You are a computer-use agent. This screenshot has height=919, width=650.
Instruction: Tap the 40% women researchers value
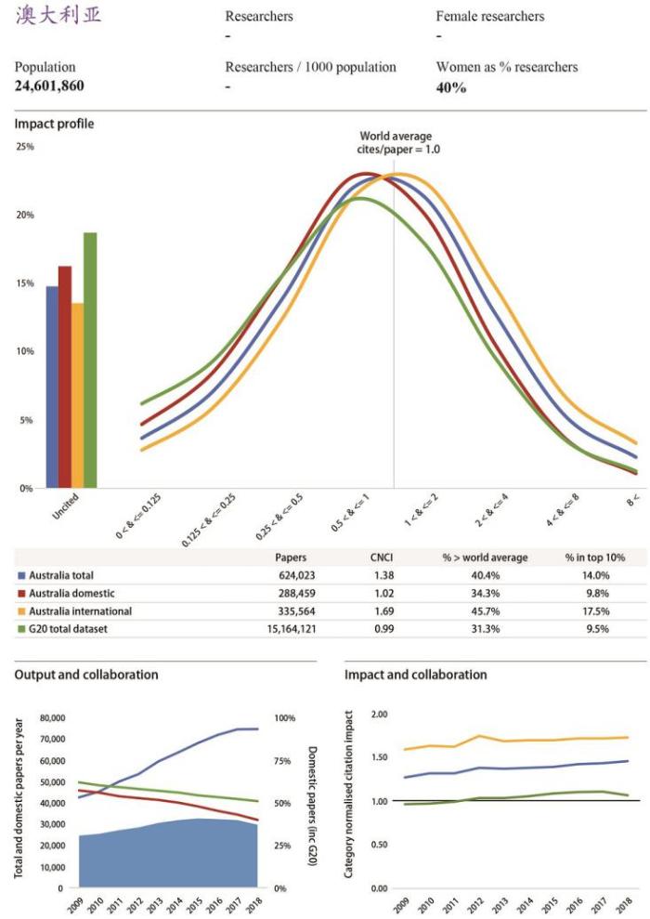[x=451, y=87]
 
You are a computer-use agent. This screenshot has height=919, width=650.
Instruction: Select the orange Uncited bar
[x=77, y=395]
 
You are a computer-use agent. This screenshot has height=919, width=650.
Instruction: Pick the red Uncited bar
[x=64, y=376]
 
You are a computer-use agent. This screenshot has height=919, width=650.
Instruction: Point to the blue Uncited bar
[x=52, y=387]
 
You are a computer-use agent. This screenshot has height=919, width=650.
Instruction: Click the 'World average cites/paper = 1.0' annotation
[x=396, y=142]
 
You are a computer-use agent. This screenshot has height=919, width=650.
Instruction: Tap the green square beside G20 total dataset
[x=21, y=629]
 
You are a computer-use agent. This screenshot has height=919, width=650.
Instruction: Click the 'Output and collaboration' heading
[x=86, y=675]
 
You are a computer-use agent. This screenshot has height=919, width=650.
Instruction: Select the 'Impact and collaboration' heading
[x=415, y=675]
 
